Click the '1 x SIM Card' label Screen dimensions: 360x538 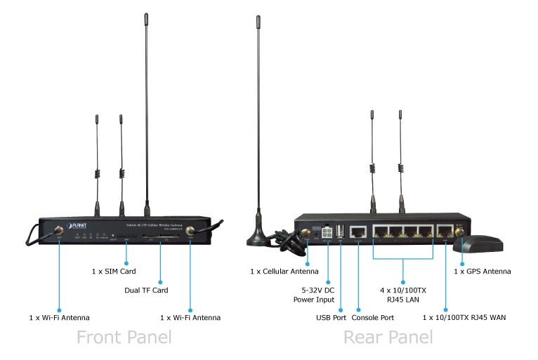pos(113,271)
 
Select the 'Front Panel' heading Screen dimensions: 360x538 pos(124,338)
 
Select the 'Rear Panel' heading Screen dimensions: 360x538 pos(388,338)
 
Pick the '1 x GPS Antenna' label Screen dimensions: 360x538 pos(482,271)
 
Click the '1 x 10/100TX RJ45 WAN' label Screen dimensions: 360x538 pos(464,318)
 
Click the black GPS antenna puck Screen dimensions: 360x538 pos(478,245)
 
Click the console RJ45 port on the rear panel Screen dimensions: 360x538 pos(358,231)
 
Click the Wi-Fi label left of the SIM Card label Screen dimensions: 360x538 pos(59,318)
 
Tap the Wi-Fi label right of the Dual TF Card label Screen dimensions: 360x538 pos(190,318)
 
